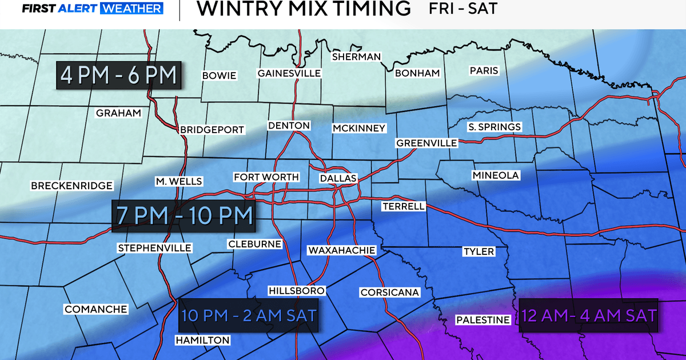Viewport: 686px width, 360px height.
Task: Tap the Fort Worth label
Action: pyautogui.click(x=266, y=177)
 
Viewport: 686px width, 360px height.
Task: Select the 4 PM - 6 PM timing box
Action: pyautogui.click(x=119, y=75)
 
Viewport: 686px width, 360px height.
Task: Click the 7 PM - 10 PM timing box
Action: pyautogui.click(x=184, y=215)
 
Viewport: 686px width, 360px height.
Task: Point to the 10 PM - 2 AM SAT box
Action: pyautogui.click(x=249, y=315)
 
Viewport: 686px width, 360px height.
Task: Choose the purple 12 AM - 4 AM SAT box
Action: pyautogui.click(x=588, y=315)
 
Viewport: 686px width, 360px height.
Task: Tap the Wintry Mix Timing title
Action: pyautogui.click(x=303, y=9)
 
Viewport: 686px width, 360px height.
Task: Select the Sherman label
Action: pyautogui.click(x=356, y=57)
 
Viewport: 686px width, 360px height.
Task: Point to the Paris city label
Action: pyautogui.click(x=484, y=71)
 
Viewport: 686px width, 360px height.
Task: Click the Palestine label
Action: pyautogui.click(x=482, y=320)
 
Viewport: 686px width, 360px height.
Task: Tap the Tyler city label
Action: pyautogui.click(x=478, y=251)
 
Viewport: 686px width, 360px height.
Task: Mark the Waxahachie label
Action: pyautogui.click(x=341, y=250)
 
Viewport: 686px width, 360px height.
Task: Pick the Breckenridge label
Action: pyautogui.click(x=72, y=186)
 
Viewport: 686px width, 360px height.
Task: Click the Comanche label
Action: pyautogui.click(x=96, y=309)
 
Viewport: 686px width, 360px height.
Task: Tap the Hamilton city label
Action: pyautogui.click(x=202, y=341)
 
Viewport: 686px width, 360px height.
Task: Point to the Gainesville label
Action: pyautogui.click(x=289, y=73)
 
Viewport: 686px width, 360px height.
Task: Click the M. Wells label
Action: pyautogui.click(x=179, y=182)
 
